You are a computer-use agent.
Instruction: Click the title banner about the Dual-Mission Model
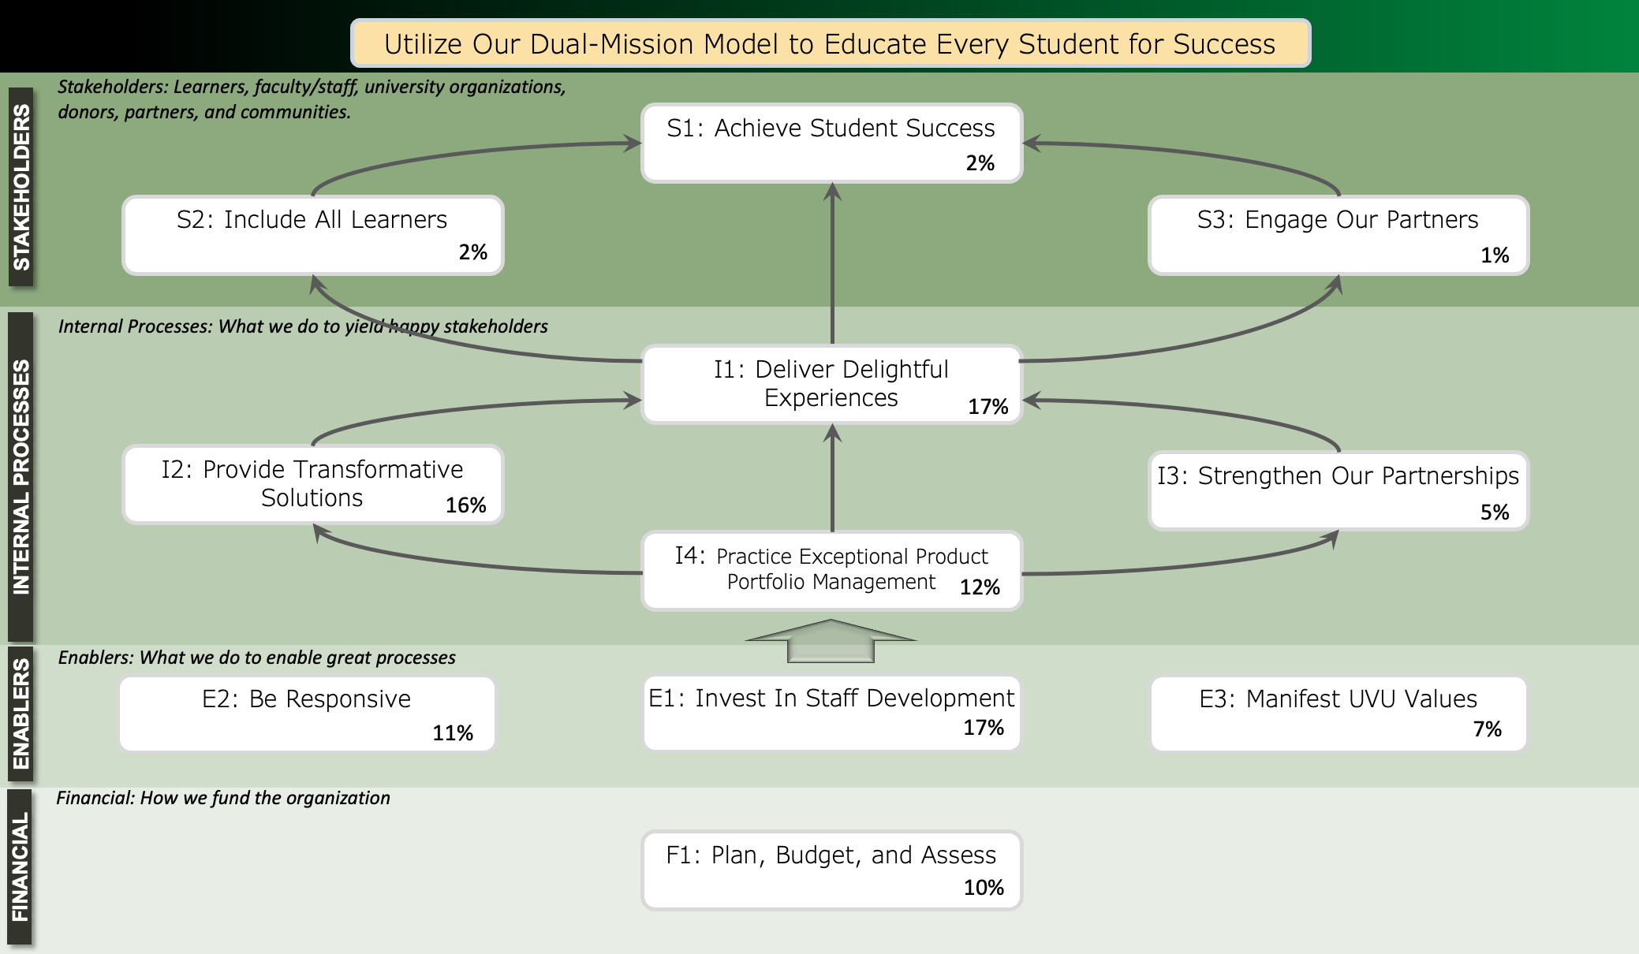831,43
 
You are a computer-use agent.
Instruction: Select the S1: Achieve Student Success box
832,143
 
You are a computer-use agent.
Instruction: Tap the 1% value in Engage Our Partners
1495,255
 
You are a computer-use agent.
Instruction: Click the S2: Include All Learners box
313,235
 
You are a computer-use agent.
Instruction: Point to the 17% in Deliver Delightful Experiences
988,407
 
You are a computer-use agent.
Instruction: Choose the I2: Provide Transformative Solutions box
313,484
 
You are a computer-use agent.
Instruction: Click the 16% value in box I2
466,505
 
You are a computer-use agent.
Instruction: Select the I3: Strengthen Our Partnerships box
1338,490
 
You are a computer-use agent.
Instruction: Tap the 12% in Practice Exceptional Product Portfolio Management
980,587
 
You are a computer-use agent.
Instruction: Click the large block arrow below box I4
831,641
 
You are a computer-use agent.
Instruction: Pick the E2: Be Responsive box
308,714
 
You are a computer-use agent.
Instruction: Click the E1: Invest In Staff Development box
832,714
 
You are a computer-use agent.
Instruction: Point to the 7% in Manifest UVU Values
1488,729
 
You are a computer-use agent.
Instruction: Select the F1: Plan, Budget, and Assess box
832,870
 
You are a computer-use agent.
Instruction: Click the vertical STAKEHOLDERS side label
21,187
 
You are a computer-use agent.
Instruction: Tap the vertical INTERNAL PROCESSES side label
21,477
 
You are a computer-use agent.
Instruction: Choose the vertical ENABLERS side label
21,714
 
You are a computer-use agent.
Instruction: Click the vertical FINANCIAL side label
21,866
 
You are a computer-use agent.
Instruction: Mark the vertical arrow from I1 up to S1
832,263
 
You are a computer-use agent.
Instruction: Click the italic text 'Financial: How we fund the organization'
223,798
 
